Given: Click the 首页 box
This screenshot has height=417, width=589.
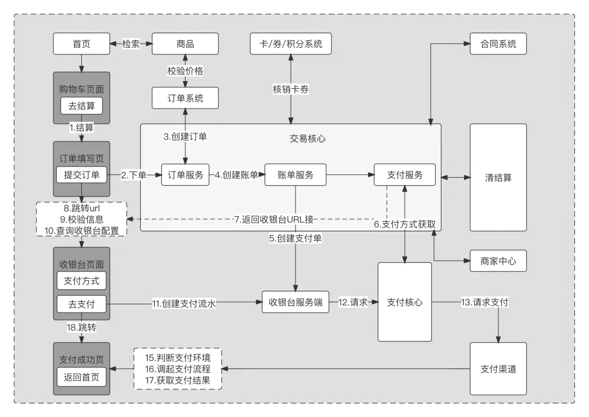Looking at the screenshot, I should coord(81,44).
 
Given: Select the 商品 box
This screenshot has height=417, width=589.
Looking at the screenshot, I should coord(185,44).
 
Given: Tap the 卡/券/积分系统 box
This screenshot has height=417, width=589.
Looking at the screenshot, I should coord(290,44).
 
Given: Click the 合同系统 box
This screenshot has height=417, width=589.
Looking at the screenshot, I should coord(498,44).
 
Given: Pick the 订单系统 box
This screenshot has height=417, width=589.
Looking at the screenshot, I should coord(185,98).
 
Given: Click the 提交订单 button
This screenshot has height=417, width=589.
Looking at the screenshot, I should coord(81,175).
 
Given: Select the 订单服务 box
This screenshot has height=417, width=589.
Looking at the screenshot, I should coord(185,175).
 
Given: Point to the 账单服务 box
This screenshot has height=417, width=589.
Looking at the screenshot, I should coord(295,175).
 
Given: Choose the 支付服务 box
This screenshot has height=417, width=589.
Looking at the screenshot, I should coord(404,175).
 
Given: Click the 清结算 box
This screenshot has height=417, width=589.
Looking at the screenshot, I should coord(498,177).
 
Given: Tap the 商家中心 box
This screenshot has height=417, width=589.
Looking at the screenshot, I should coord(498,261).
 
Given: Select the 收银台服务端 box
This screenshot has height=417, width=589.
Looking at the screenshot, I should coord(295,303).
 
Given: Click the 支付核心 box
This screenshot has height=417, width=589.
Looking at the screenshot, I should coord(404,303).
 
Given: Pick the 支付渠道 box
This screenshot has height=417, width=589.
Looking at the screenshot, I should coord(498,369).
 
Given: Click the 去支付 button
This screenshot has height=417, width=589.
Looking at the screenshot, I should coord(81,304).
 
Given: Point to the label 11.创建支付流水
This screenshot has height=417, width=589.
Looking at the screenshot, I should coord(184,304).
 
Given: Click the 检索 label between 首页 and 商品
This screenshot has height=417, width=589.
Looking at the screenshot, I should coord(131,44).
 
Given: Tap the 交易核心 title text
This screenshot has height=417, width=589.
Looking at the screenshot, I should coord(308,138).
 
